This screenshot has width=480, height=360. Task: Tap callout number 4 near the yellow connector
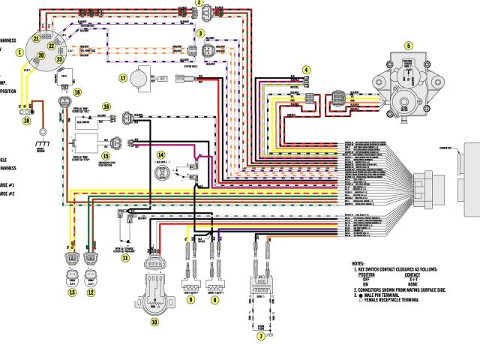[306, 70]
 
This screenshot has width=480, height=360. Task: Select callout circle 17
[122, 77]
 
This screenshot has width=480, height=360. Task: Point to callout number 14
[160, 154]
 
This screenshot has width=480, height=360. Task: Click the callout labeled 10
[155, 322]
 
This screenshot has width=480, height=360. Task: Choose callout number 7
[261, 337]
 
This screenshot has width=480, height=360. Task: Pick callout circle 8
[214, 300]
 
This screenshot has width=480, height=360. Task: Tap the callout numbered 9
[190, 300]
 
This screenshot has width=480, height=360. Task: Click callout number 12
[91, 292]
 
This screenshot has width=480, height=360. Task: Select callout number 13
[72, 292]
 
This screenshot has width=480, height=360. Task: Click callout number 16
[106, 107]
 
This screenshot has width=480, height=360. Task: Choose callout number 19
[26, 120]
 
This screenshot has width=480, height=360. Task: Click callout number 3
[200, 34]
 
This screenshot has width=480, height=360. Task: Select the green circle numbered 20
[41, 55]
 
